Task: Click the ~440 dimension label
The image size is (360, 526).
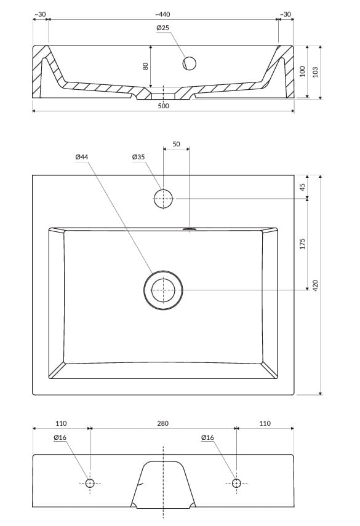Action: [x=162, y=14]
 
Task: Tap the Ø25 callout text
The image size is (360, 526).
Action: [x=162, y=28]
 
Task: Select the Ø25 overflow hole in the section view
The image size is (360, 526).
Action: [x=189, y=63]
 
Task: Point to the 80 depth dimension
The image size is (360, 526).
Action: [x=146, y=66]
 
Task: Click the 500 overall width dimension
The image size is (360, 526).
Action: [x=164, y=106]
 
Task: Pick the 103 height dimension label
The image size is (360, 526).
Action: [x=315, y=72]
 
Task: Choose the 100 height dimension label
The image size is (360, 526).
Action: [x=302, y=71]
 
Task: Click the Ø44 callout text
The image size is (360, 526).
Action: [x=81, y=157]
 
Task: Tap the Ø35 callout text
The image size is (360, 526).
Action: [x=138, y=157]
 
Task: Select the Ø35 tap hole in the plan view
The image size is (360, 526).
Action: [x=164, y=199]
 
